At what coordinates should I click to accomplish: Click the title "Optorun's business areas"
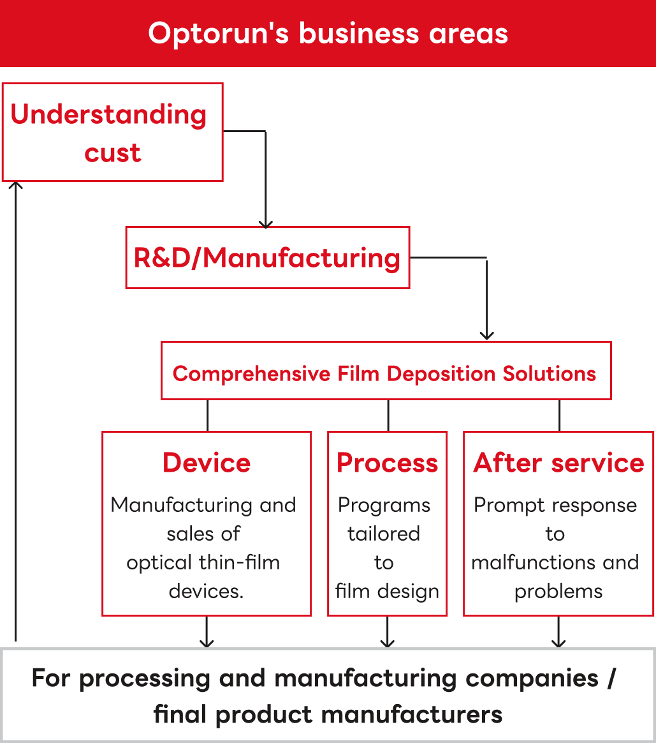pyautogui.click(x=328, y=33)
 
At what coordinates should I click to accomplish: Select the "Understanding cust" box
pyautogui.click(x=112, y=132)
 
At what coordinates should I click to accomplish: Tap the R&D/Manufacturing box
pyautogui.click(x=267, y=258)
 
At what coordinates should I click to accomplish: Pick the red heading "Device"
pyautogui.click(x=207, y=463)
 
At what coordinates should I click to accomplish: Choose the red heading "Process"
pyautogui.click(x=388, y=463)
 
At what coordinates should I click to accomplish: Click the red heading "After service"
pyautogui.click(x=558, y=463)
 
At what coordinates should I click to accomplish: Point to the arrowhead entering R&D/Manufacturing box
pyautogui.click(x=266, y=223)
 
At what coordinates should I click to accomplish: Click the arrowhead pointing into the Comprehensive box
pyautogui.click(x=486, y=335)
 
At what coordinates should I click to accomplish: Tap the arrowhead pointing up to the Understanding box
pyautogui.click(x=16, y=186)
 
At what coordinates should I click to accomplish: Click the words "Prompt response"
pyautogui.click(x=555, y=505)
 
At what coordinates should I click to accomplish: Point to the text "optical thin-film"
pyautogui.click(x=203, y=562)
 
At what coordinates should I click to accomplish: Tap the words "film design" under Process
pyautogui.click(x=388, y=591)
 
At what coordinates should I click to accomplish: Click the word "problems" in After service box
pyautogui.click(x=558, y=591)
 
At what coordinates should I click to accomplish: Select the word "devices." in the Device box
pyautogui.click(x=206, y=591)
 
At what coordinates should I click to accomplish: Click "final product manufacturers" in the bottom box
pyautogui.click(x=328, y=714)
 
